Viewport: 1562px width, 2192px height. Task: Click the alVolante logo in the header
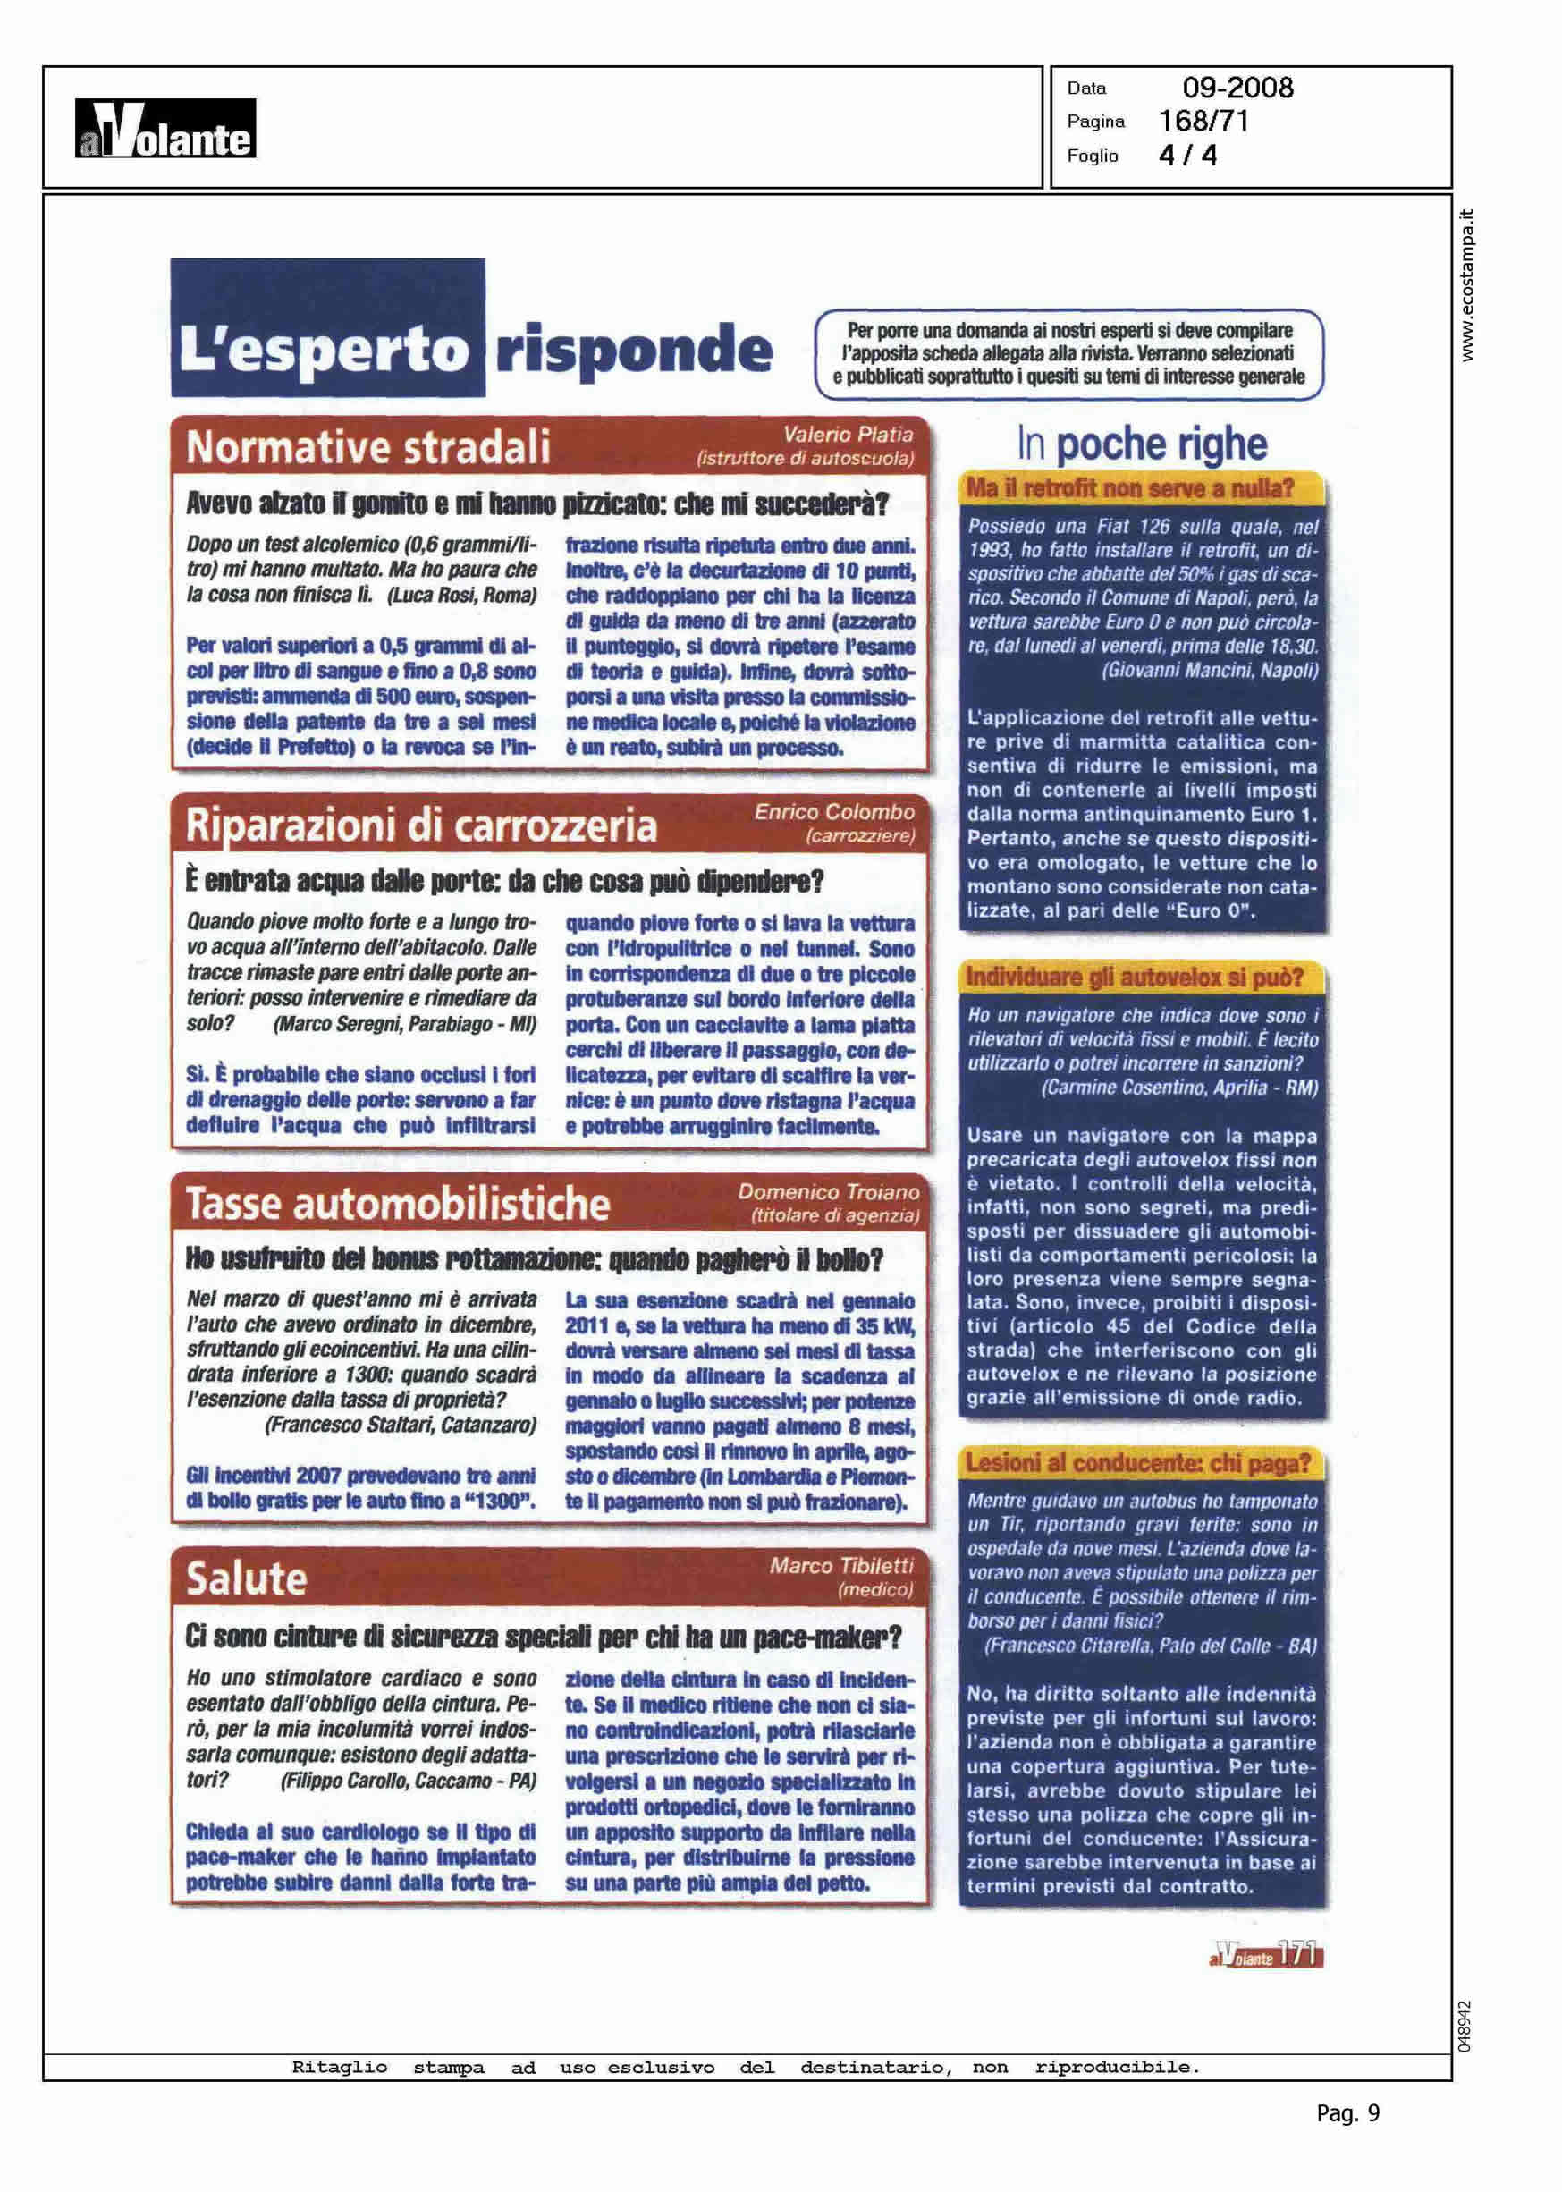(x=165, y=130)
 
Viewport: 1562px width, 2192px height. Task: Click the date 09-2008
(x=1237, y=89)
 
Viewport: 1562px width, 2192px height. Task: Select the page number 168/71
(x=1203, y=122)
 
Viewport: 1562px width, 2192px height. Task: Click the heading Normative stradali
(x=368, y=448)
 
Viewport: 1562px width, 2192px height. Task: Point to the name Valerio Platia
(x=848, y=435)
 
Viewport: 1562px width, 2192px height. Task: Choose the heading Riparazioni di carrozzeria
(x=421, y=825)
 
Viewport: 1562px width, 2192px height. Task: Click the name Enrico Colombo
(x=834, y=812)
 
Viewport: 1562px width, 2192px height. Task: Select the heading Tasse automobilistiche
(x=398, y=1204)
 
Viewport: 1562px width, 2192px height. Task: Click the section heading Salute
(x=246, y=1579)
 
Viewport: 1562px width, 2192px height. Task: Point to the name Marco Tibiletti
(x=840, y=1566)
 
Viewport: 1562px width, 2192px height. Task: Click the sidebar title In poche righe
(x=1142, y=444)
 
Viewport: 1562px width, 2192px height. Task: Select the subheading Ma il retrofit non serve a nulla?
(x=1130, y=488)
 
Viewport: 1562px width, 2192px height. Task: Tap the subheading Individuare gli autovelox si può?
(x=1135, y=978)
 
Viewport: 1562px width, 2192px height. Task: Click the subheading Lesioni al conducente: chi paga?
(x=1139, y=1463)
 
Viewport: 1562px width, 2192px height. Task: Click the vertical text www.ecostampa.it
(x=1467, y=284)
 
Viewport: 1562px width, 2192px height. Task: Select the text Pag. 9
(x=1347, y=2113)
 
